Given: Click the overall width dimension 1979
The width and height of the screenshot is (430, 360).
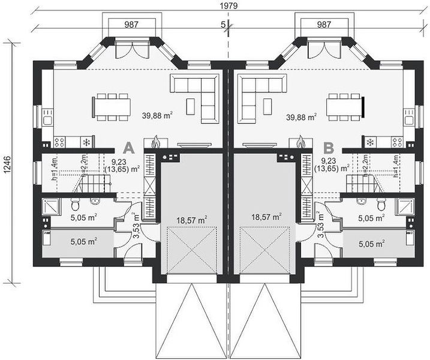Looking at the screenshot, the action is click(228, 5).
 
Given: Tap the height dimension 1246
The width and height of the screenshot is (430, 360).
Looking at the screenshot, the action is click(7, 164).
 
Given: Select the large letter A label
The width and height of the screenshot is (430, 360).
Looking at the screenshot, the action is click(128, 148).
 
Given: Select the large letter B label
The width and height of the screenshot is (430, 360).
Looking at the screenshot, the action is click(329, 148).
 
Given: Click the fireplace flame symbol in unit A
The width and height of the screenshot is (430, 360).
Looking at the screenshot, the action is click(156, 142).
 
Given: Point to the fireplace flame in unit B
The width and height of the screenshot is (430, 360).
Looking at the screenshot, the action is click(300, 142).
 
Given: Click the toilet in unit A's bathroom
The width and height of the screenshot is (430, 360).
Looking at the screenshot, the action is click(75, 204).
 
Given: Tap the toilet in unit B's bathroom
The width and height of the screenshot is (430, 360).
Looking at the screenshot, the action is click(381, 204).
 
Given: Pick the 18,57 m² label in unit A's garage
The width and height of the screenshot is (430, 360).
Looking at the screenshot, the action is click(192, 220).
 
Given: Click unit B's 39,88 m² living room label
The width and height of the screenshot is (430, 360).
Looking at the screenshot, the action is click(302, 117).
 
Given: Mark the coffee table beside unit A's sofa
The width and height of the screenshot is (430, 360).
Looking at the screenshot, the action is click(191, 106).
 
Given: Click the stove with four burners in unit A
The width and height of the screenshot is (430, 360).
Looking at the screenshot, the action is click(59, 142).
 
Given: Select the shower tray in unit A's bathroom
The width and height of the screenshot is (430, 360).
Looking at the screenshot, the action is click(51, 206).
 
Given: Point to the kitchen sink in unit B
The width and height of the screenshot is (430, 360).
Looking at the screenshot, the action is click(410, 118).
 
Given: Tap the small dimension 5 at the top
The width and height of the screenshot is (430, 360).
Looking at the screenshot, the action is click(223, 25).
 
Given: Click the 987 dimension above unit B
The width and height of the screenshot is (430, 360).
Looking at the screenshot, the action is click(324, 25).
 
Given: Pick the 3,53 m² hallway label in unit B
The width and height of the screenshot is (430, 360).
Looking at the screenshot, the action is click(321, 224).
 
